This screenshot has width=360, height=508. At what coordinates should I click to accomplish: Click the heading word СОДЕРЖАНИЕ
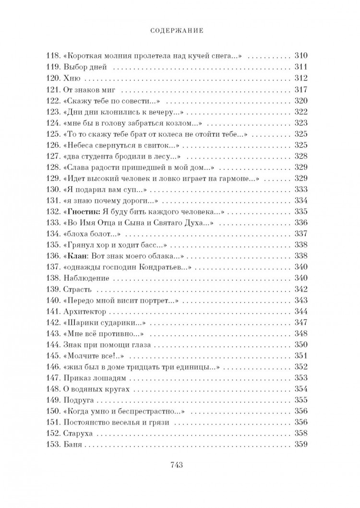pos(180,30)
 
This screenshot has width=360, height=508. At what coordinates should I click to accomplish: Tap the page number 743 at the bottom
pos(180,464)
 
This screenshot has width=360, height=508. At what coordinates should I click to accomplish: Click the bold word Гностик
pos(84,211)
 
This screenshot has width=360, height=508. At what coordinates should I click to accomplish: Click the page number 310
pos(300,54)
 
